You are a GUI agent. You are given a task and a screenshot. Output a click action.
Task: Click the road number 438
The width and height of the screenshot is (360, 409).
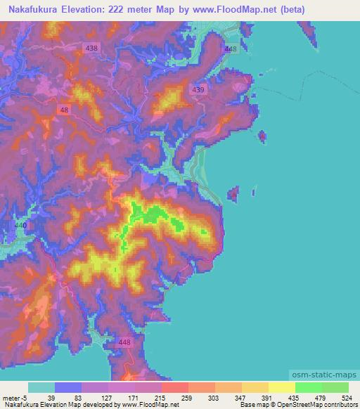point(91,48)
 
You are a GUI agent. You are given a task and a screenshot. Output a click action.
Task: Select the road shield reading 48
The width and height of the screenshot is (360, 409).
point(65,110)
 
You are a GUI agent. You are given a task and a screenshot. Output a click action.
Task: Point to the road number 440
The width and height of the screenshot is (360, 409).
point(20,225)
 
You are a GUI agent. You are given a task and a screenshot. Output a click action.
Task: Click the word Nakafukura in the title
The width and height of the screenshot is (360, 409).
point(33,9)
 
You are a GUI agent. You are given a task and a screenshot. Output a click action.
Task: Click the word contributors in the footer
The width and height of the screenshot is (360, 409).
point(339,405)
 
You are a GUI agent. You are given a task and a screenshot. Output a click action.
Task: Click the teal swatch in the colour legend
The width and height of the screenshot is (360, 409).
point(41,387)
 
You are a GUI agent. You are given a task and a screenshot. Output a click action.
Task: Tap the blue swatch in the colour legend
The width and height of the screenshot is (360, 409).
point(67,387)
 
